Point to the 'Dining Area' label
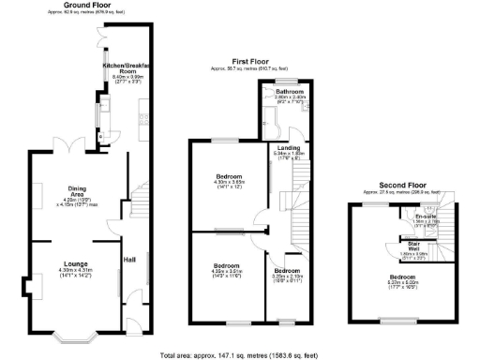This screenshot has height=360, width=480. pyautogui.click(x=64, y=191)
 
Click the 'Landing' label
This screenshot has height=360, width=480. pyautogui.click(x=287, y=148)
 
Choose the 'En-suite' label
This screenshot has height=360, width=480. pyautogui.click(x=427, y=217)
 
